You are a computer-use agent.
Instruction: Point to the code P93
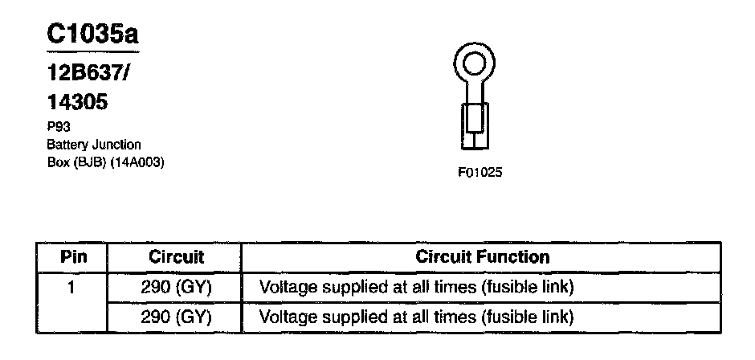pos(58,127)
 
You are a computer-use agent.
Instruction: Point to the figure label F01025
pos(479,173)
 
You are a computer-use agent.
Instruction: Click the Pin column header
pos(73,258)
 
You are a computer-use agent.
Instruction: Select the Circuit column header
pos(177,258)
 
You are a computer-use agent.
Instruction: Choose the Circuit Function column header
pos(483,257)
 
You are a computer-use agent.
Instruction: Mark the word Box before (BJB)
pos(58,162)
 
